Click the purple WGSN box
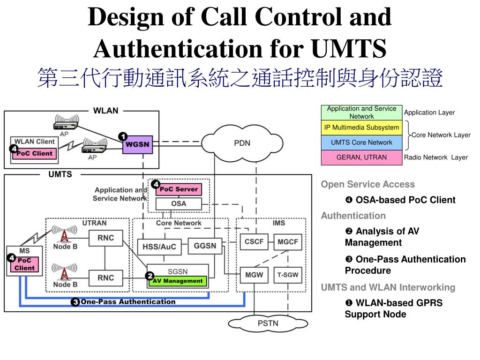point(137,144)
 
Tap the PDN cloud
point(242,143)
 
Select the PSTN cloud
point(268,323)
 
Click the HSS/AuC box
point(159,247)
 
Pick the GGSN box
point(205,246)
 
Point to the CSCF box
point(254,242)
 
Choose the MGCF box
point(288,242)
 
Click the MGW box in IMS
point(254,275)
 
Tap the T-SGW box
point(288,275)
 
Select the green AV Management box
point(178,281)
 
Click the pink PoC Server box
point(179,189)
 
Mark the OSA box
point(179,203)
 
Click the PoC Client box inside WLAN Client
point(35,153)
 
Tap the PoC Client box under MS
point(24,264)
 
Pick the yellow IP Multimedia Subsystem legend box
point(361,127)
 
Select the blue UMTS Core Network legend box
point(361,142)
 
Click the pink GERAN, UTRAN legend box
point(361,157)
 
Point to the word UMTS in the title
point(349,48)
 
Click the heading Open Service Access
point(367,184)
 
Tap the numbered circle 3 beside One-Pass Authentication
point(75,302)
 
